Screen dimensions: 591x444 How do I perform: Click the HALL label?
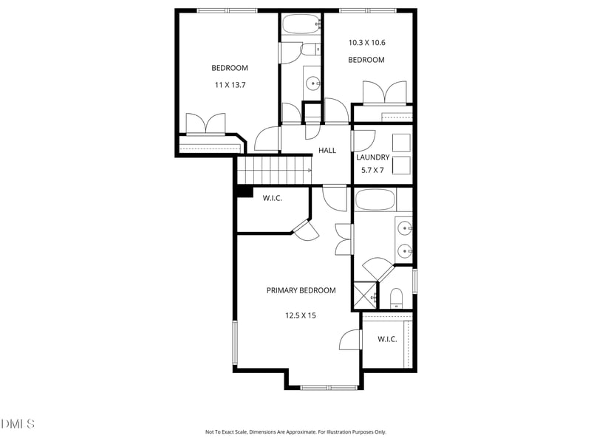[x=327, y=151]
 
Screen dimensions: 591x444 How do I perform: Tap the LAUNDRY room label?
[x=373, y=157]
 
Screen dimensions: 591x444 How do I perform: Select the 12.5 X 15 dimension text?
[x=301, y=315]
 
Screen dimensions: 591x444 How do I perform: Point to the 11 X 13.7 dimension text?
[x=230, y=85]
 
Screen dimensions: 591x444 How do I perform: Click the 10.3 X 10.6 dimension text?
[x=366, y=43]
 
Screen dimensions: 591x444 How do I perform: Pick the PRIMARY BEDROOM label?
[x=301, y=290]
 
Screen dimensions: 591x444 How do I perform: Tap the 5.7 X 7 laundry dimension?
[x=372, y=170]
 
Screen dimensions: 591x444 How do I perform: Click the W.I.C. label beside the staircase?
[x=272, y=198]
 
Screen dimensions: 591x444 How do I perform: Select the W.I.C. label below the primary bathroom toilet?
[x=387, y=339]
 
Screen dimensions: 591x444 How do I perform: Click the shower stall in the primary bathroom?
[x=366, y=295]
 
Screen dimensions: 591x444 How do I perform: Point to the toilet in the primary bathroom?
[x=396, y=298]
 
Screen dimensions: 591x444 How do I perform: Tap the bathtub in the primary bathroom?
[x=375, y=199]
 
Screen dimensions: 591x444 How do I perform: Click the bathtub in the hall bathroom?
[x=301, y=24]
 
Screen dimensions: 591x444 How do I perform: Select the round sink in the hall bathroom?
[x=312, y=83]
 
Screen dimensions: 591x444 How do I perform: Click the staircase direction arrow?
[x=310, y=171]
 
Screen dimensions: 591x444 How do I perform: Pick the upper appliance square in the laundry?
[x=401, y=143]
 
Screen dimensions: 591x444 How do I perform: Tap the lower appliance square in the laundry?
[x=401, y=165]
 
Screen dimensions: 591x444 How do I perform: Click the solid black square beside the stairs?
[x=245, y=192]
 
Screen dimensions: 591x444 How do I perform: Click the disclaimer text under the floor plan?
[x=295, y=432]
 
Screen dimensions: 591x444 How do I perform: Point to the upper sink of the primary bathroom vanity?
[x=404, y=228]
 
